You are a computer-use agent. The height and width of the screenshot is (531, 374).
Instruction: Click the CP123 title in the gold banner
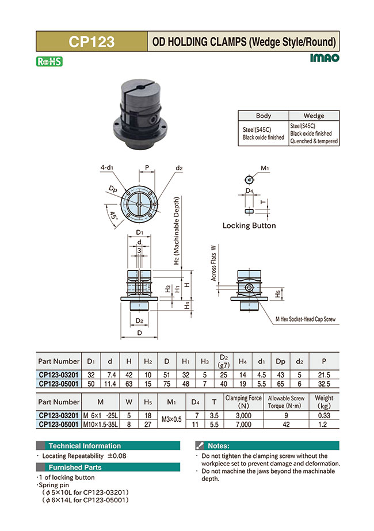(x=91, y=41)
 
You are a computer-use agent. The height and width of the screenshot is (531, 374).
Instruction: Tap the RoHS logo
(x=49, y=62)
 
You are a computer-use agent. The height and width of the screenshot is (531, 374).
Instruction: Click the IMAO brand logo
(x=325, y=58)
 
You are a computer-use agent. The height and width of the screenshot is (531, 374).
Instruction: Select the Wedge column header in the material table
(x=314, y=116)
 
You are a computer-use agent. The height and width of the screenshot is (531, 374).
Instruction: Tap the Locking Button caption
(x=249, y=226)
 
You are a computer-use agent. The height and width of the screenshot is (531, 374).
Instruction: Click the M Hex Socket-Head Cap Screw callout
(x=306, y=319)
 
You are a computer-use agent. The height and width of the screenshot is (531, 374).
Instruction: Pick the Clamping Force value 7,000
(x=243, y=424)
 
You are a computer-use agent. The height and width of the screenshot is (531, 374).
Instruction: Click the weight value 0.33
(x=324, y=415)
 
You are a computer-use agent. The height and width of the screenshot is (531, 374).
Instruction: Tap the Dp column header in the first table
(x=280, y=361)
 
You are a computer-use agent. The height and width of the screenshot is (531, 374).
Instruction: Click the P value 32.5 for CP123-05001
(x=324, y=383)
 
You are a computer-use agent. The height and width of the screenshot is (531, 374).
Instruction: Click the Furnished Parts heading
(x=75, y=467)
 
